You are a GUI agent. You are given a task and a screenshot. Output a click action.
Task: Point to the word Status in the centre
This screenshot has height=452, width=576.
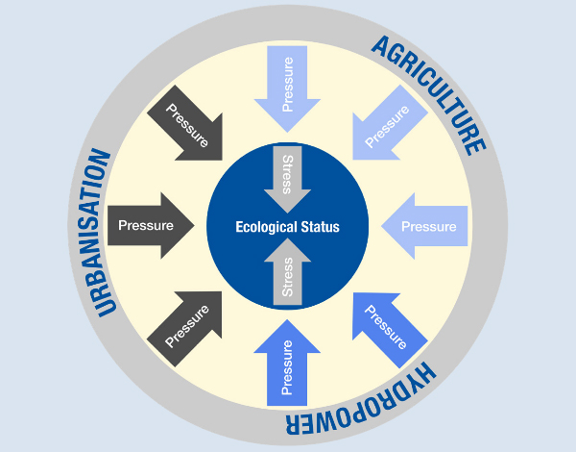tap(320, 228)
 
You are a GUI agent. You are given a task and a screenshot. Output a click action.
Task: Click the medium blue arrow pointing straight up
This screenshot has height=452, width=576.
tap(287, 365)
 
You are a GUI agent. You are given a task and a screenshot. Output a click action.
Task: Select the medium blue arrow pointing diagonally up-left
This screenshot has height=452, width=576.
tap(386, 325)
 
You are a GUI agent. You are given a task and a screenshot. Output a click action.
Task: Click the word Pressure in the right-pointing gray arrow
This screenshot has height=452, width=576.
tap(145, 226)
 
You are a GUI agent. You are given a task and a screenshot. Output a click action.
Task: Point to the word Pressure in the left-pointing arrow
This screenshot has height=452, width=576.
tap(428, 227)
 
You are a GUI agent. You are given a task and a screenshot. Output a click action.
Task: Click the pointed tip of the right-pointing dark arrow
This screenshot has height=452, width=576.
tap(193, 226)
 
